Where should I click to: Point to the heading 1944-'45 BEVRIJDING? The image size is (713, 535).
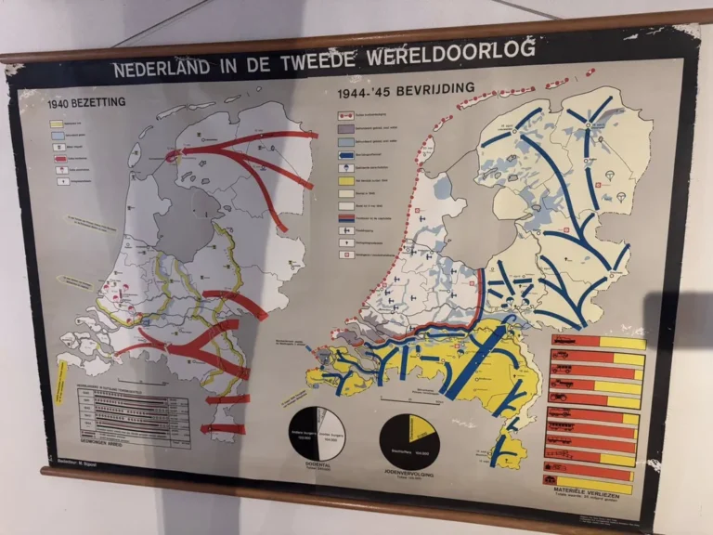[406, 91]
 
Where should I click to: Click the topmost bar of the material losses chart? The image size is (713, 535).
[595, 343]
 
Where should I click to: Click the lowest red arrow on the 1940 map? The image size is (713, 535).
[223, 429]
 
